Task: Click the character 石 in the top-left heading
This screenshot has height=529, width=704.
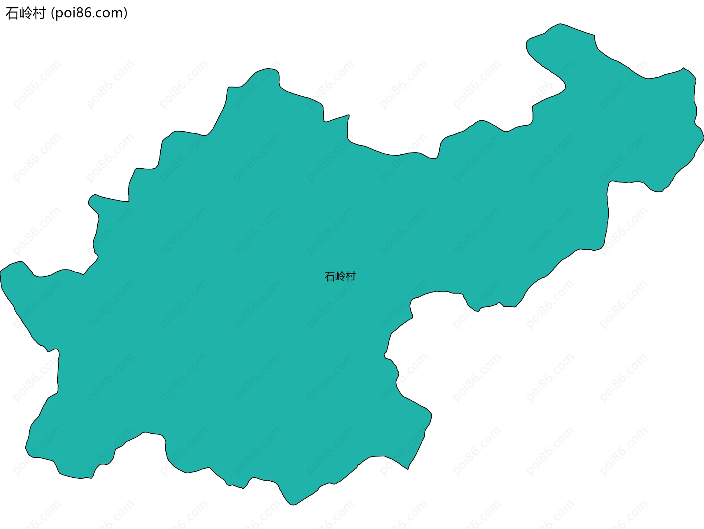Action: (x=12, y=13)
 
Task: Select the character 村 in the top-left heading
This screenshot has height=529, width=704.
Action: (x=39, y=13)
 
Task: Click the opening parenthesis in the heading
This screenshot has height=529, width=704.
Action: (x=53, y=13)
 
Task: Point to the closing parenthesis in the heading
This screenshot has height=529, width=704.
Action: (x=126, y=13)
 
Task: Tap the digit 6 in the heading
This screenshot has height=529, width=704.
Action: (x=88, y=13)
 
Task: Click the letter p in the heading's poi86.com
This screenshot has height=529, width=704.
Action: (x=60, y=14)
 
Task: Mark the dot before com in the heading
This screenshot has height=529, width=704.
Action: (x=94, y=17)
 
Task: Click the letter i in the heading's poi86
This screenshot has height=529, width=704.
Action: (x=74, y=13)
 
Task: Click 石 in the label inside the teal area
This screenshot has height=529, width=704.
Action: (x=330, y=276)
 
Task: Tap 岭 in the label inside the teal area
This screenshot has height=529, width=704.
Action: (x=340, y=276)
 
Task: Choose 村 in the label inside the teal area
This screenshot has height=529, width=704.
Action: (x=351, y=276)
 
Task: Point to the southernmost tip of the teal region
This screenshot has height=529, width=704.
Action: (x=293, y=505)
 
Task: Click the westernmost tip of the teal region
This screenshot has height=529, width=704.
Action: (x=0, y=273)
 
